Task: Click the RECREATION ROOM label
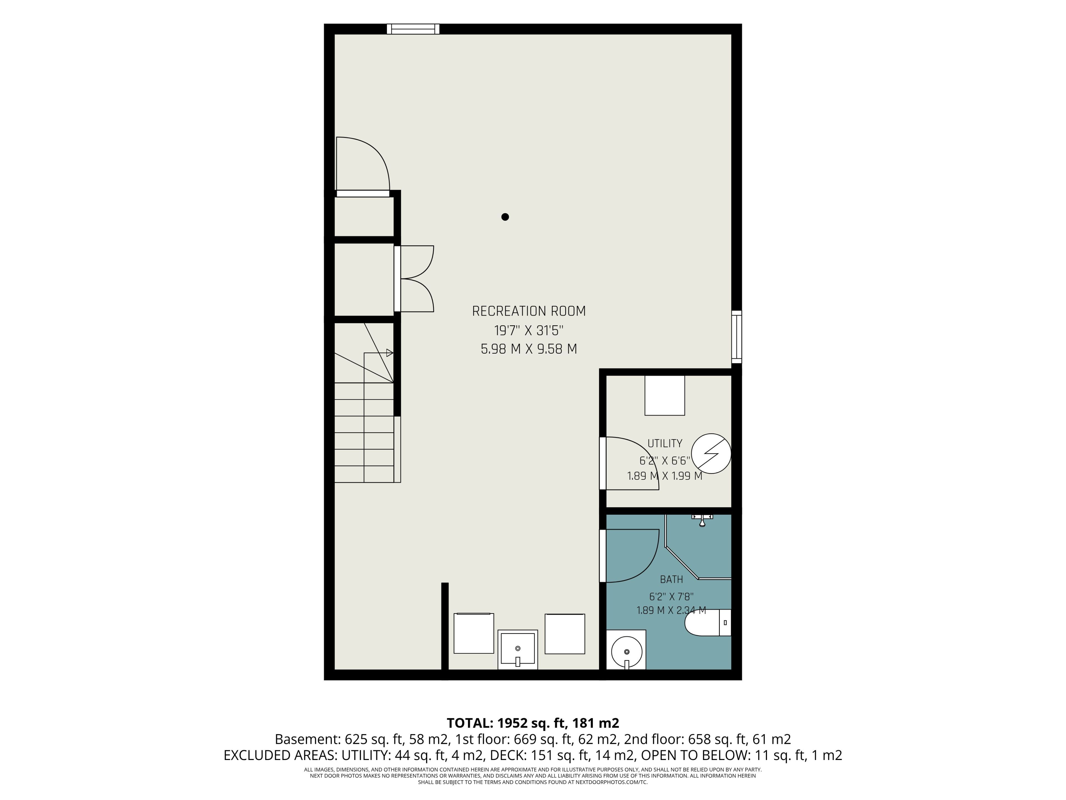point(529,311)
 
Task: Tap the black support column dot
point(505,217)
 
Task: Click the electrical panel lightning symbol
point(711,453)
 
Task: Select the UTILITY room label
point(665,443)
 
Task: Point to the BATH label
point(671,579)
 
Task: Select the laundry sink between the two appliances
point(517,649)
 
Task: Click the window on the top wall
point(413,29)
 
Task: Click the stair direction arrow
point(390,353)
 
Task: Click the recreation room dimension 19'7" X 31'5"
point(529,330)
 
